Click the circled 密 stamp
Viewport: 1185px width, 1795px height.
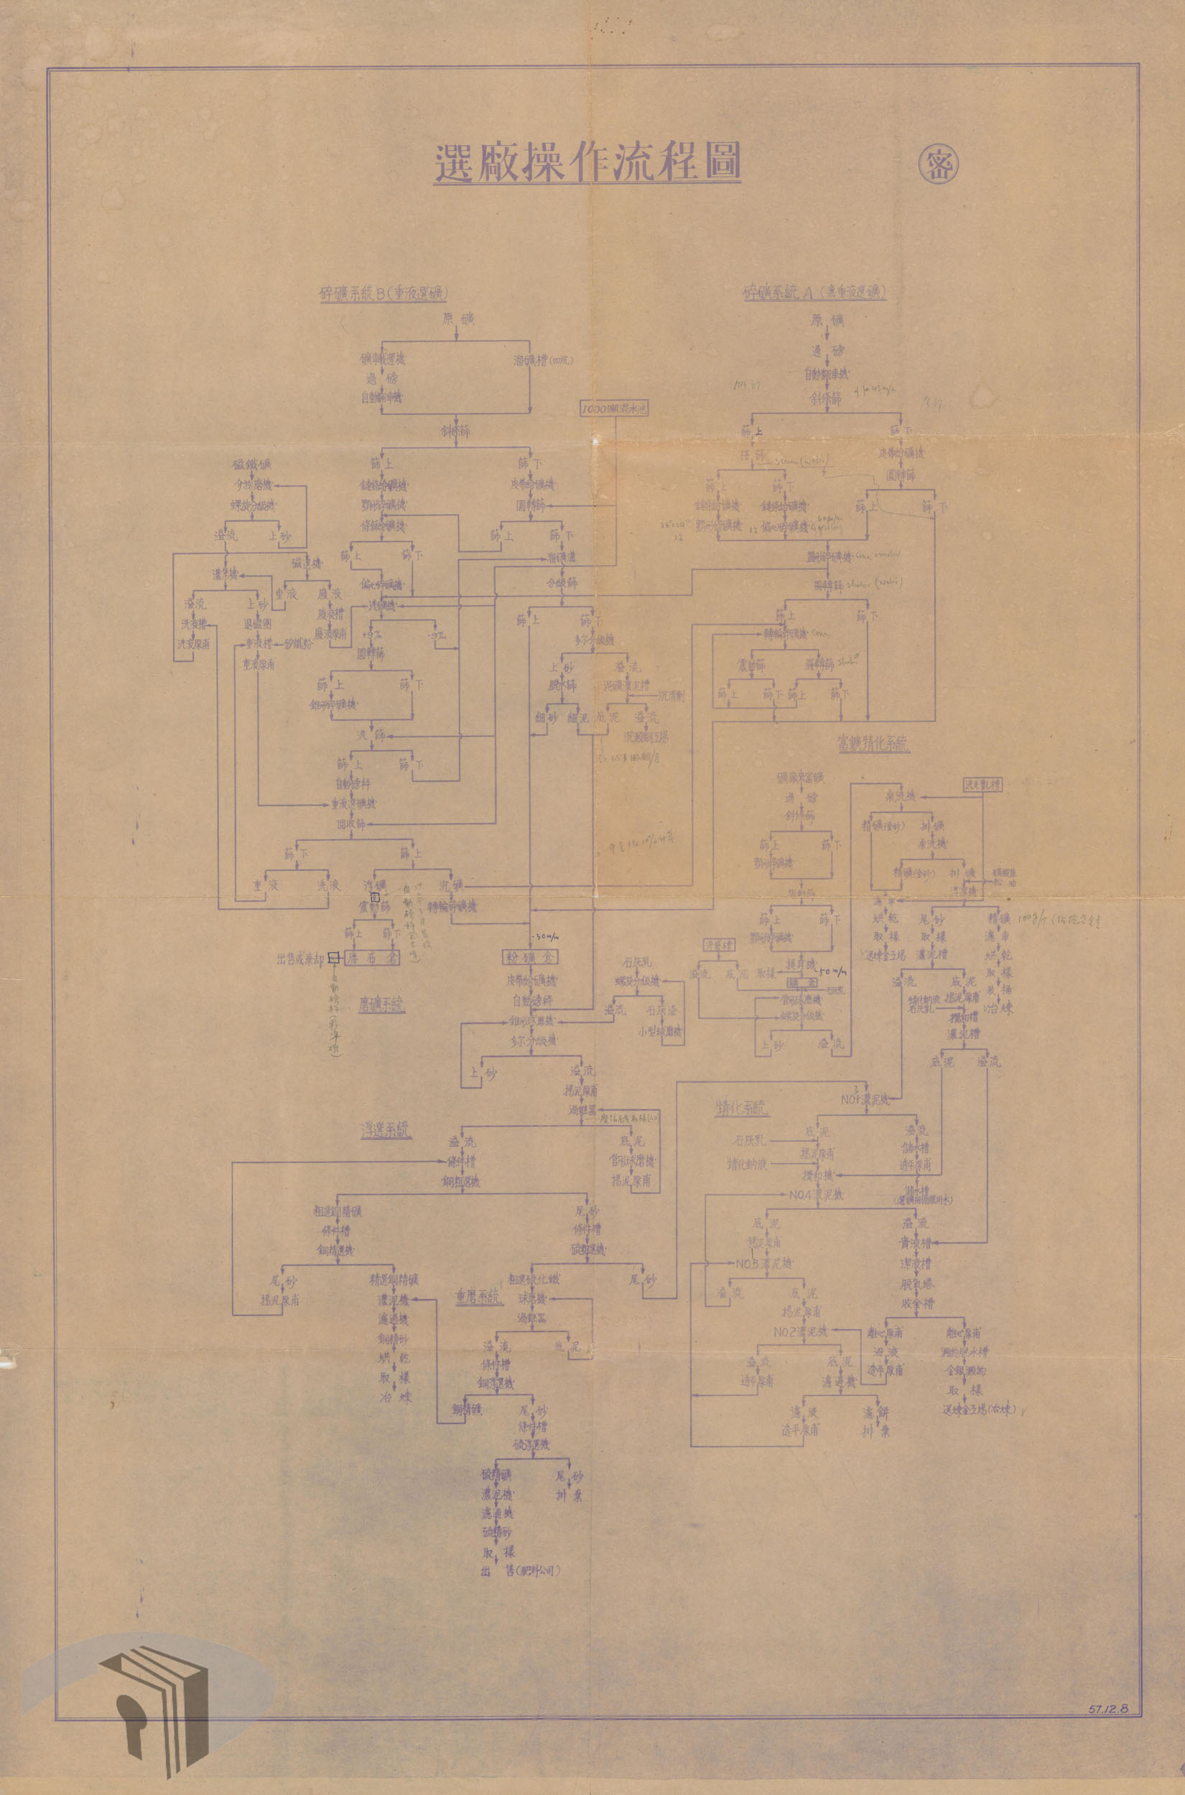pyautogui.click(x=939, y=163)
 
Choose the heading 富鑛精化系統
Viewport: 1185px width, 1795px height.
pyautogui.click(x=873, y=743)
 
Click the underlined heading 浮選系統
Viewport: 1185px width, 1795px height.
pyautogui.click(x=385, y=1130)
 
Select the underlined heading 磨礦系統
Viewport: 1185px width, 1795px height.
pyautogui.click(x=381, y=1004)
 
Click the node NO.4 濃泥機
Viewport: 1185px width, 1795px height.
pyautogui.click(x=815, y=1195)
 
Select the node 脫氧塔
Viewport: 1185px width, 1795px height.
pyautogui.click(x=914, y=1284)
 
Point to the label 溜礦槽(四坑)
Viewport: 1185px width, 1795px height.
pyautogui.click(x=543, y=361)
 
